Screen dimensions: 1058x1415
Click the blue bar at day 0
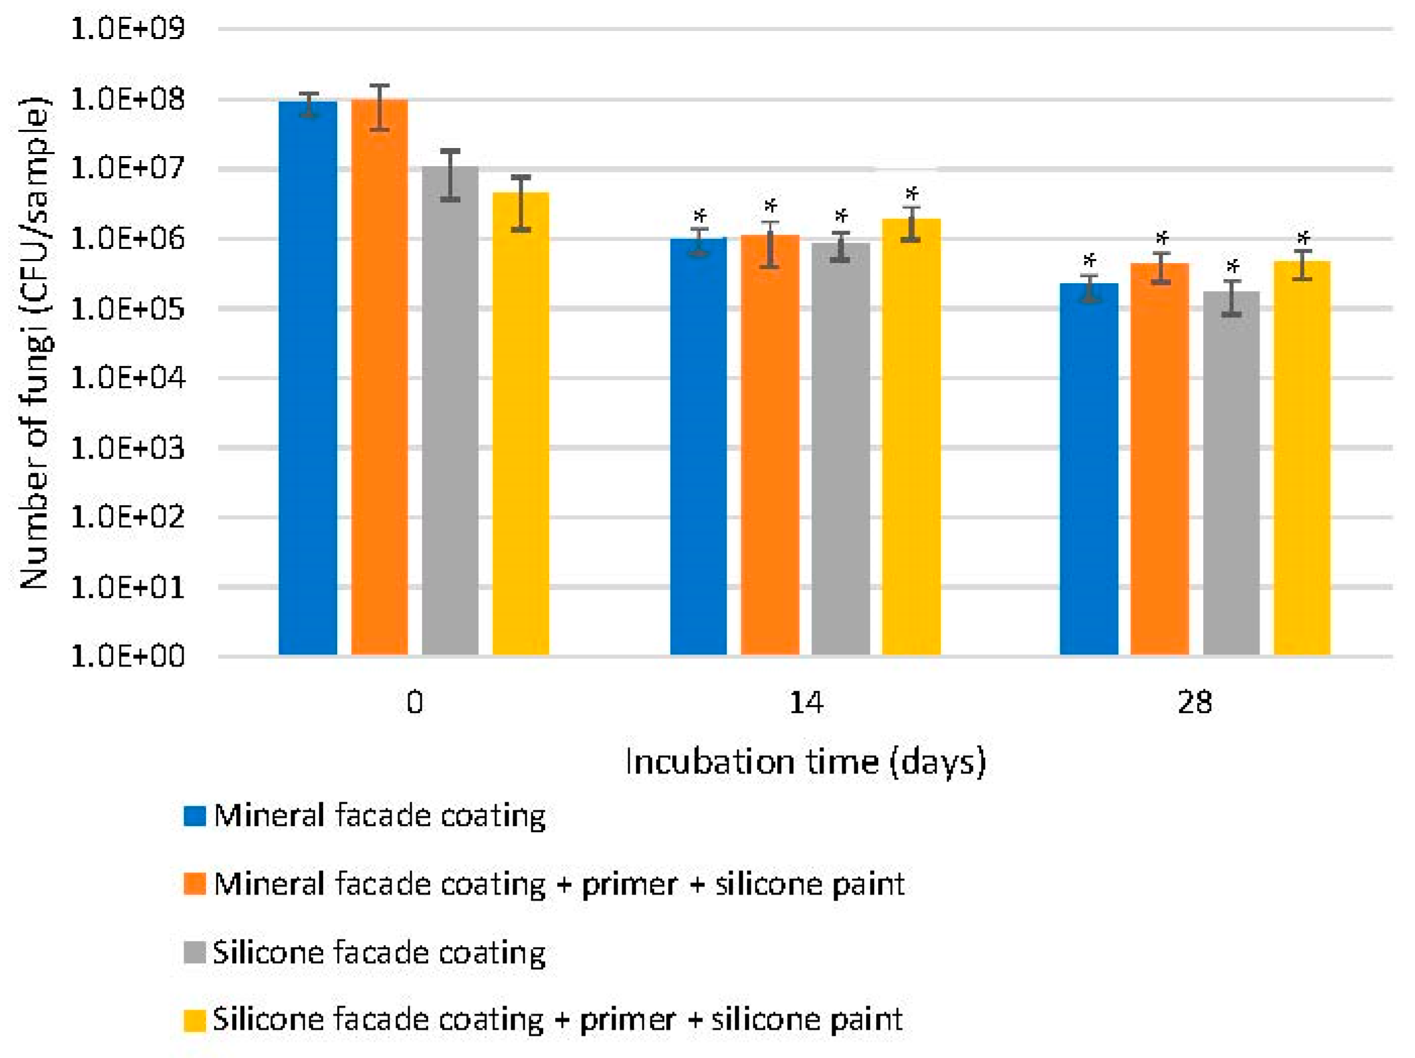(307, 377)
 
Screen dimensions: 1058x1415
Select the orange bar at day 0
(379, 377)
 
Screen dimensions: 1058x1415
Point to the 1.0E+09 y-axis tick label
(127, 29)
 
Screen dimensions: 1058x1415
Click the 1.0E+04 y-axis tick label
(127, 378)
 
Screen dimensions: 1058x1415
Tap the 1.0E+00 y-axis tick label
(127, 656)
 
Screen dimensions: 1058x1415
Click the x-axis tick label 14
(805, 704)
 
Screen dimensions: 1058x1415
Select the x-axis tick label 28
(1194, 704)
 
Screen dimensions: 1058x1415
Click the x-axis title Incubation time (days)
(805, 762)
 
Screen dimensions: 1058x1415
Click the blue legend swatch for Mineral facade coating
(194, 815)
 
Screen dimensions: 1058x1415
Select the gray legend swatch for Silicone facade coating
(194, 952)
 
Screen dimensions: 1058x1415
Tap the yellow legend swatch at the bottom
(194, 1020)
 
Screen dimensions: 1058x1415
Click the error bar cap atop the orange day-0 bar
(379, 85)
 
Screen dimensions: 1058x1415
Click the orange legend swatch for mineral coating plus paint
(194, 884)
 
